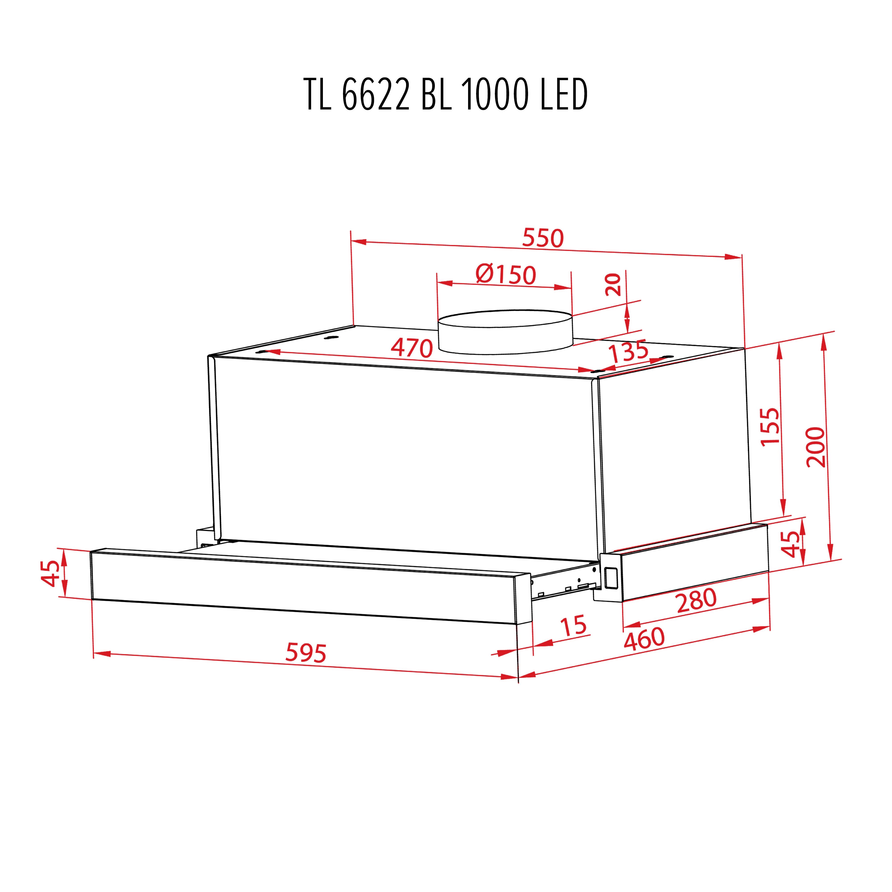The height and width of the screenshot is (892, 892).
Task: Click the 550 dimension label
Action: tap(543, 238)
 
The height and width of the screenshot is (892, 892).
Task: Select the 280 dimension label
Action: tap(696, 600)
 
